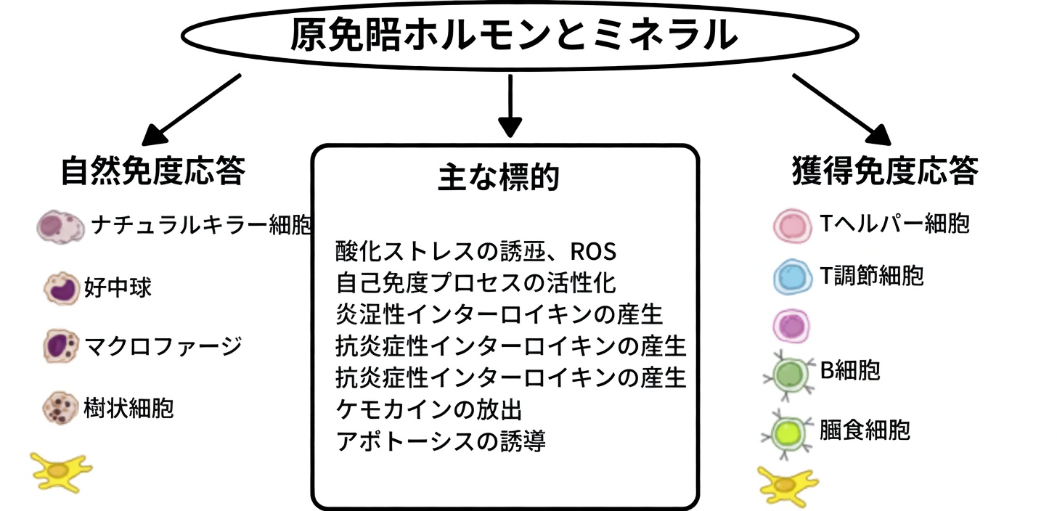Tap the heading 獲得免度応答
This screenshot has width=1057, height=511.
[x=884, y=172]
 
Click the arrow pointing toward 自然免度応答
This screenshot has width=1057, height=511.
[x=190, y=109]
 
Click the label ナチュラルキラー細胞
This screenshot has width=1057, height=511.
[x=202, y=226]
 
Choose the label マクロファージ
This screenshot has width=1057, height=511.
[x=163, y=346]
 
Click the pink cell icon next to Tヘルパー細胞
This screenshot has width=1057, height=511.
[x=791, y=225]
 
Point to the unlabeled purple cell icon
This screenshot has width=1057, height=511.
[x=791, y=325]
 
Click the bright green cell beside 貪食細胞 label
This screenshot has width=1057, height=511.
[x=790, y=433]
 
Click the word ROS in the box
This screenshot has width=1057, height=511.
[x=593, y=252]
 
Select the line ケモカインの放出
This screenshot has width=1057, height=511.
[x=429, y=409]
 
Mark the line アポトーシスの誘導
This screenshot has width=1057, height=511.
[x=441, y=441]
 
